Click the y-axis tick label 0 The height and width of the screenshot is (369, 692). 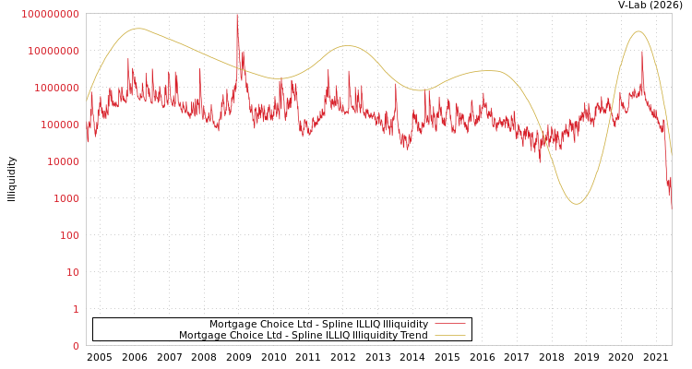76,346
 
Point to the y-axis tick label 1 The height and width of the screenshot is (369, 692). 76,309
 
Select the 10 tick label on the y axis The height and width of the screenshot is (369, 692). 73,272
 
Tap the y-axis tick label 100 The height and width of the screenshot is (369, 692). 70,235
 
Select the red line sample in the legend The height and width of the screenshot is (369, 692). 450,324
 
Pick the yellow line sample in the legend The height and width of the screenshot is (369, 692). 450,336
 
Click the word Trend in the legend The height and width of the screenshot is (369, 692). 412,336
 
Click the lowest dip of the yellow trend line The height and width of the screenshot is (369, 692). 577,204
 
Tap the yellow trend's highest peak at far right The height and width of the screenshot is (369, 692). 638,31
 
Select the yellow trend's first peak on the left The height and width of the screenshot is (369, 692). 138,29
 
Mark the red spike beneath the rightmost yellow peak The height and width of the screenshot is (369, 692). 642,53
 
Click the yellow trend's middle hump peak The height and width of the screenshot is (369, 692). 347,46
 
